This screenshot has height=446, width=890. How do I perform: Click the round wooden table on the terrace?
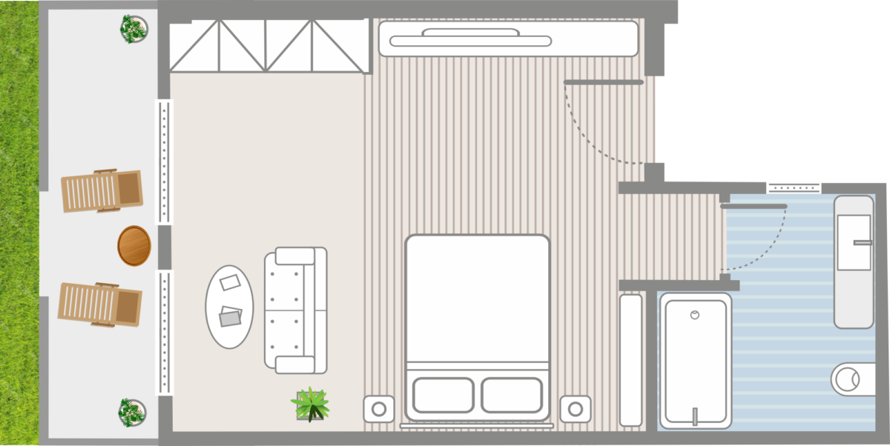pyautogui.click(x=134, y=245)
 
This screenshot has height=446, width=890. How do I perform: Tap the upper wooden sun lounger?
pyautogui.click(x=101, y=191)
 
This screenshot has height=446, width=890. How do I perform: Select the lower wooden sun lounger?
pyautogui.click(x=99, y=304)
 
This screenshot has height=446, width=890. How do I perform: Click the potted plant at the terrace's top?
pyautogui.click(x=134, y=29)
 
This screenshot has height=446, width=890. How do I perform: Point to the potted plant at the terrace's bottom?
pyautogui.click(x=133, y=412)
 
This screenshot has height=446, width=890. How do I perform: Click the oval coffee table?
pyautogui.click(x=229, y=307)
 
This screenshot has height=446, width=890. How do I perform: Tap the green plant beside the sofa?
pyautogui.click(x=311, y=405)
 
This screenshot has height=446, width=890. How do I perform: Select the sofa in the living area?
pyautogui.click(x=296, y=310)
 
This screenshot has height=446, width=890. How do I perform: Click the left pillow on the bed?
pyautogui.click(x=443, y=395)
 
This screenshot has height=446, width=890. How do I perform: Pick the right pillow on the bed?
pyautogui.click(x=512, y=395)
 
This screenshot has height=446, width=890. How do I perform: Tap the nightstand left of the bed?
pyautogui.click(x=378, y=408)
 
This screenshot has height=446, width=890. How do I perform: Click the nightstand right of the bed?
pyautogui.click(x=576, y=408)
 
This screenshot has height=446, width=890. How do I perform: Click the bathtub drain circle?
pyautogui.click(x=695, y=315)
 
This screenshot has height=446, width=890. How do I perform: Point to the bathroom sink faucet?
pyautogui.click(x=863, y=242)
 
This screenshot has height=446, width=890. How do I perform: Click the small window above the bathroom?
pyautogui.click(x=794, y=188)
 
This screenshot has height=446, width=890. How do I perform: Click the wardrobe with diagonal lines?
pyautogui.click(x=268, y=46)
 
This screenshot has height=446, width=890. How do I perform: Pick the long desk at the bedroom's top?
pyautogui.click(x=508, y=39)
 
